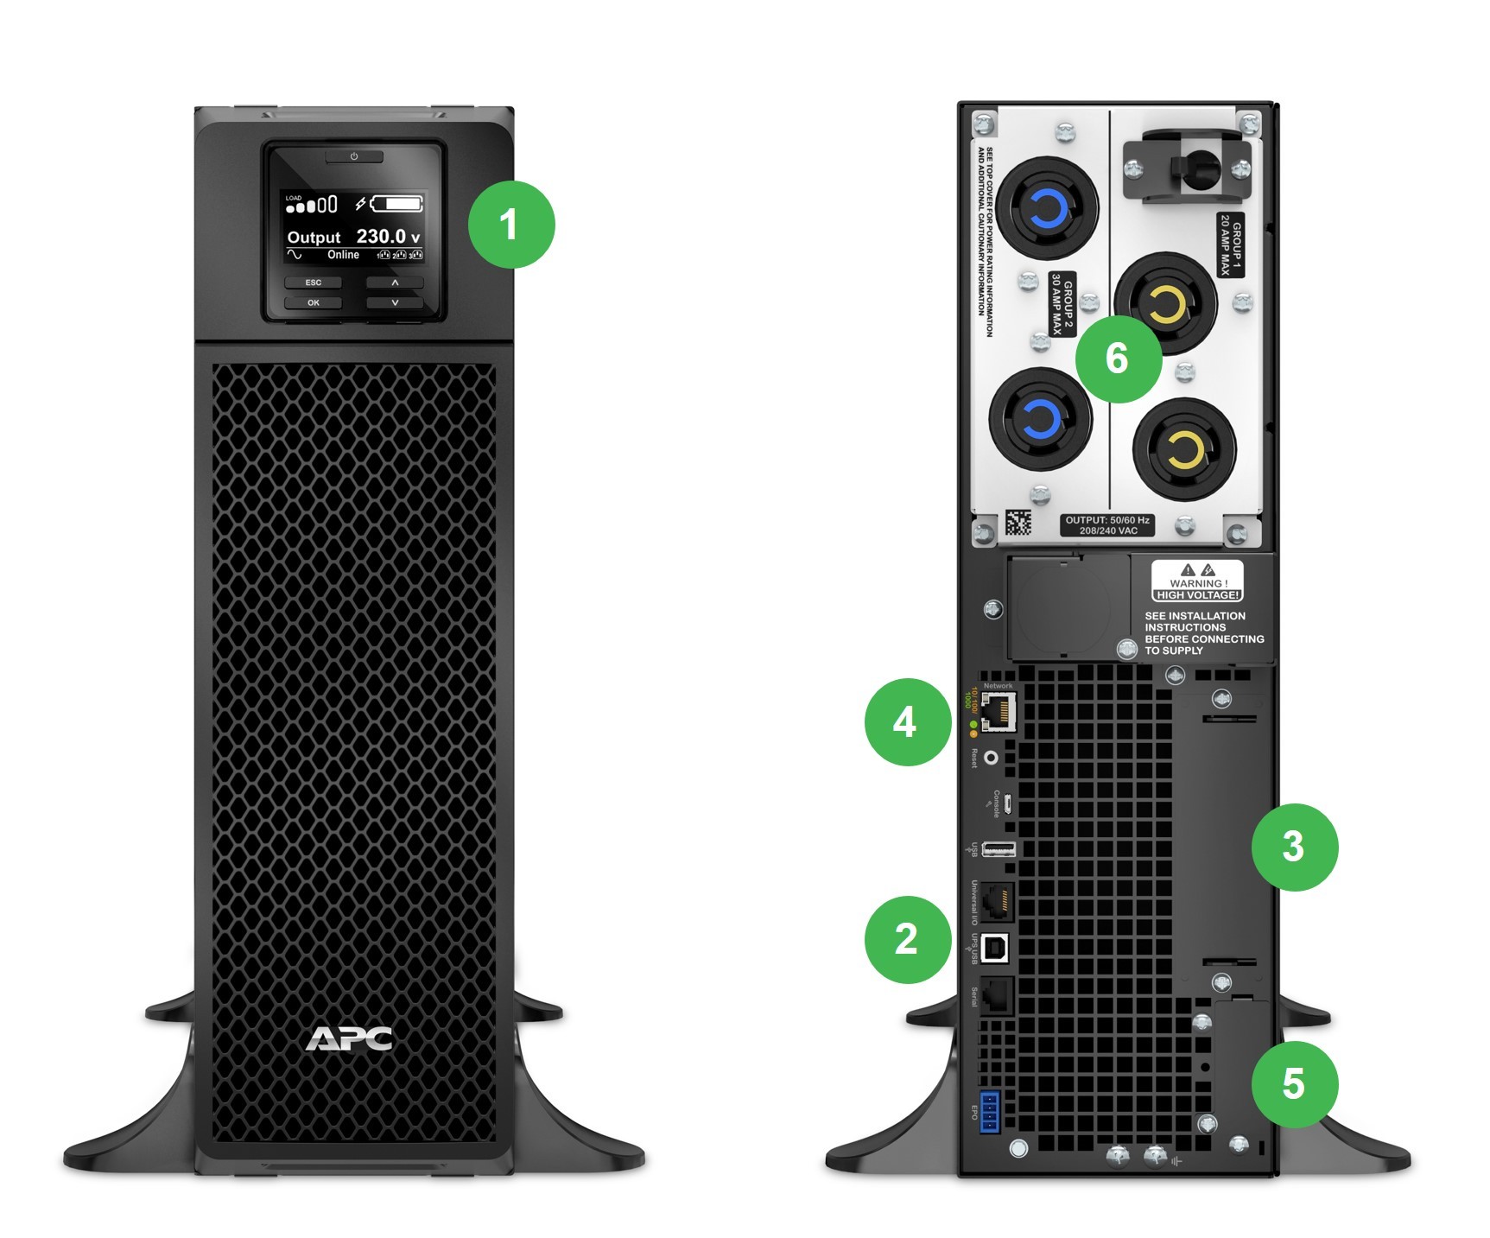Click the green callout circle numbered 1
[x=511, y=225]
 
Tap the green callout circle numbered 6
[x=1118, y=359]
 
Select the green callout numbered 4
[x=906, y=722]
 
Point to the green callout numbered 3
[x=1294, y=847]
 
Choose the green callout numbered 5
[x=1294, y=1083]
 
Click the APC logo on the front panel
[x=349, y=1038]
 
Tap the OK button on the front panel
[x=314, y=303]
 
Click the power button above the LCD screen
[x=354, y=156]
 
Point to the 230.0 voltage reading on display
[x=381, y=237]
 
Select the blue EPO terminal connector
[x=990, y=1112]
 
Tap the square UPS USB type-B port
[x=995, y=949]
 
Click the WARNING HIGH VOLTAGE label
[x=1197, y=581]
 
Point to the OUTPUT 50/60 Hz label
[x=1107, y=525]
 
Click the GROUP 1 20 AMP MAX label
[x=1231, y=245]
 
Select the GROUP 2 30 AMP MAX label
[x=1062, y=304]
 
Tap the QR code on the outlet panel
[x=1018, y=523]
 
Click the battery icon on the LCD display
[x=397, y=205]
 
